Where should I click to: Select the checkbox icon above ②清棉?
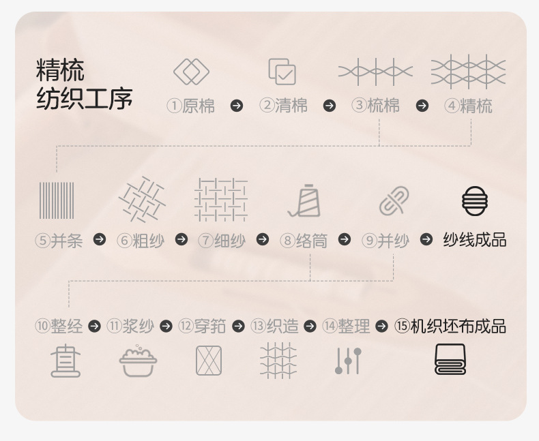(x=282, y=72)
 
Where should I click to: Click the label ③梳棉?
(x=376, y=106)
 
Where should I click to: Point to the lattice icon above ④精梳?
(x=468, y=72)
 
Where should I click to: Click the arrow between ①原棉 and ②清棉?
(x=237, y=106)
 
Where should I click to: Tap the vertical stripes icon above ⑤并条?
(x=57, y=200)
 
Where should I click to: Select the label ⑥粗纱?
(x=141, y=240)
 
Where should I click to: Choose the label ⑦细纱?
(x=222, y=240)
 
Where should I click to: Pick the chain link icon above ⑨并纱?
(x=394, y=201)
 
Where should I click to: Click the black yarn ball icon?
(x=475, y=201)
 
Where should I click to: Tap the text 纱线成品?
(x=475, y=240)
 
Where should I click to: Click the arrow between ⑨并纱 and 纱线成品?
(x=426, y=239)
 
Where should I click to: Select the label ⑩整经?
(x=59, y=326)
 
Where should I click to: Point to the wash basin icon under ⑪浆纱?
(x=138, y=361)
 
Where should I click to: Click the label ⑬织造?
(x=275, y=326)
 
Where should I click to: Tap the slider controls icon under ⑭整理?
(x=348, y=361)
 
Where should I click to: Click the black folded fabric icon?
(x=450, y=360)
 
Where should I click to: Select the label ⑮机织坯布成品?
(x=450, y=326)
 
